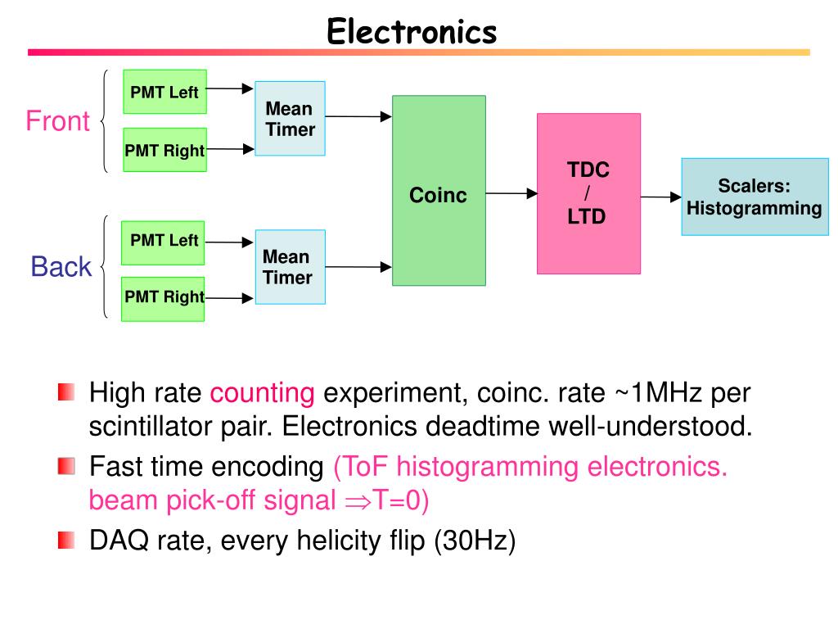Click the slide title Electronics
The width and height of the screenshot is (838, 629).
(x=412, y=31)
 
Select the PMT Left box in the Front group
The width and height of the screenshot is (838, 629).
(x=164, y=92)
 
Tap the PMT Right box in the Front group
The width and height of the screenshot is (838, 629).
(x=164, y=150)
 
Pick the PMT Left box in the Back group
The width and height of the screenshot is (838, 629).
(x=163, y=242)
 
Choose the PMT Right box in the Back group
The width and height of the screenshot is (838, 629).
(x=163, y=299)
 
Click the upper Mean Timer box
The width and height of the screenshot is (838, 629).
(x=291, y=118)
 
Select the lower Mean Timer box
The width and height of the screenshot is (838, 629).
(x=291, y=267)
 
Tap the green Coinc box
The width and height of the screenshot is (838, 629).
(x=439, y=190)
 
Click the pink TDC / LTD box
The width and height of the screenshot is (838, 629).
(x=588, y=193)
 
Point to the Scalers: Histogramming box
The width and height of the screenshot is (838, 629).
(x=755, y=197)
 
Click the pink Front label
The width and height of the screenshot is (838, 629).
(x=58, y=121)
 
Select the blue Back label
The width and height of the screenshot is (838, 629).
(x=61, y=266)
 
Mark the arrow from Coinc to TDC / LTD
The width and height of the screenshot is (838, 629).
(x=511, y=193)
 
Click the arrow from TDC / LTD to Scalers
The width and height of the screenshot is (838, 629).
(x=661, y=197)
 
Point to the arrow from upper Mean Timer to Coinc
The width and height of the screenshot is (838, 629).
(x=358, y=116)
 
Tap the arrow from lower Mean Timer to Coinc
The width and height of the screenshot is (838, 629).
(x=358, y=266)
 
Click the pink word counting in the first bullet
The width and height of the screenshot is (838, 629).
(x=263, y=393)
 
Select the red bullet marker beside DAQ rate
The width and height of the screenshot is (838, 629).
(x=66, y=541)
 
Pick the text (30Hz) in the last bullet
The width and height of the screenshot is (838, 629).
(x=475, y=541)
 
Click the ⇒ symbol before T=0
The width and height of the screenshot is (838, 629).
(x=358, y=502)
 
